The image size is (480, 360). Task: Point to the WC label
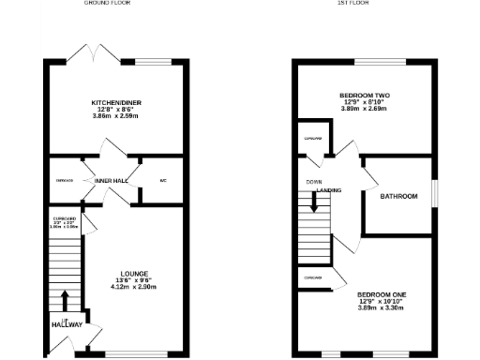point(162,180)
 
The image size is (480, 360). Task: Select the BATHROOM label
point(398,197)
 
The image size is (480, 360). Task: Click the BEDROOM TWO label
point(366,96)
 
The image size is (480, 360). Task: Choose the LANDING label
point(328,190)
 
